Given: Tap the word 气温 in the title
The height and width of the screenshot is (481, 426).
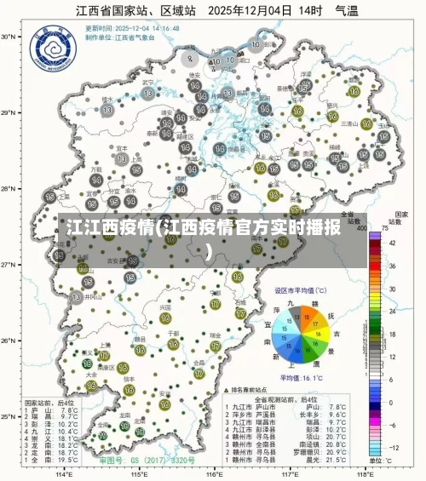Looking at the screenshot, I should point(346,12).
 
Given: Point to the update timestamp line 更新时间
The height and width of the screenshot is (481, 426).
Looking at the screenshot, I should point(131,28).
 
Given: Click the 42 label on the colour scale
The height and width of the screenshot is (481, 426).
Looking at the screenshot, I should point(393,243).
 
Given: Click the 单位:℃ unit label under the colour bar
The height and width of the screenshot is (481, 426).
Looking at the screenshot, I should point(378,461).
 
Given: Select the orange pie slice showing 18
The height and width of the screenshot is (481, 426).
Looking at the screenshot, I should point(314,318).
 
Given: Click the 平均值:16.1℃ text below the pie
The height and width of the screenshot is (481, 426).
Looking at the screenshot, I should point(302,376).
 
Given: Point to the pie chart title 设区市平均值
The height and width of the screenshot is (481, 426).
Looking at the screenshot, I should point(299,290).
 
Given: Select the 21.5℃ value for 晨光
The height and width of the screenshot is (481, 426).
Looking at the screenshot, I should point(337,460).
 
